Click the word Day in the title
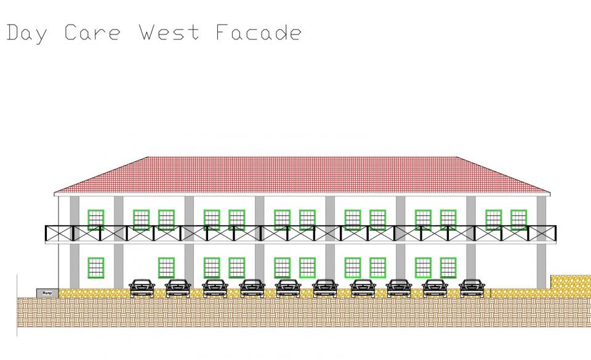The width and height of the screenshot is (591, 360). (26, 33)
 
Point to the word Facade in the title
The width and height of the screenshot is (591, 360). (259, 32)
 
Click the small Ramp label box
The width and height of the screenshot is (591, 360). (46, 292)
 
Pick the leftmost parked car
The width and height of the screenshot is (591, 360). (142, 287)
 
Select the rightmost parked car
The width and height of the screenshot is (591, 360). (472, 287)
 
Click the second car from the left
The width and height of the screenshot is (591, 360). (178, 287)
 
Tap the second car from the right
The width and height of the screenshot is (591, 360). (435, 287)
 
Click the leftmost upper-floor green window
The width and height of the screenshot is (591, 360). (95, 220)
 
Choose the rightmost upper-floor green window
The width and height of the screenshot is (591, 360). (519, 220)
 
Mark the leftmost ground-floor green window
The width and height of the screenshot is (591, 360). (95, 267)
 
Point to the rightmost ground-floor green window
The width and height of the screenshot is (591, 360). (448, 267)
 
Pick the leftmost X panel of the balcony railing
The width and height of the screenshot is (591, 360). (59, 233)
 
